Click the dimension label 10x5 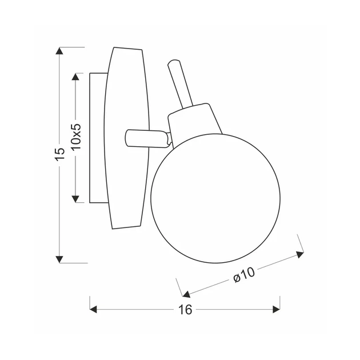click(76, 137)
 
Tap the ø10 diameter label click(244, 275)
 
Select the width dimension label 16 click(185, 310)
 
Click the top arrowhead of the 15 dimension click(59, 51)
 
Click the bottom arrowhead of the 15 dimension click(59, 259)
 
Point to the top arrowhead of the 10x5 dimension click(75, 77)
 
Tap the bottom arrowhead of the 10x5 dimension click(75, 199)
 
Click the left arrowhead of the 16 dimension click(93, 309)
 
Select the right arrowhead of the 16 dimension click(276, 309)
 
